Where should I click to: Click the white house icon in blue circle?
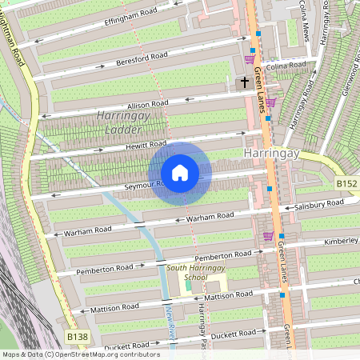click(180, 173)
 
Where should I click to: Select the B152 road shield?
click(346, 184)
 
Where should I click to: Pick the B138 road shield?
click(77, 338)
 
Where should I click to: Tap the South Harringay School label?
click(187, 273)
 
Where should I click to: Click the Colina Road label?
click(286, 65)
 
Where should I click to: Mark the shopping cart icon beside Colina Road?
click(250, 58)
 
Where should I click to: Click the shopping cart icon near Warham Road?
click(268, 236)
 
